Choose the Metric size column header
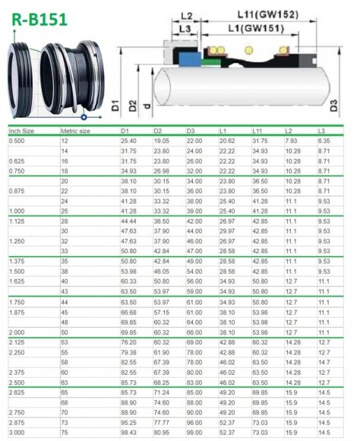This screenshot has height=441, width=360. [x=75, y=132]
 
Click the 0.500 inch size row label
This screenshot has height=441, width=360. [x=15, y=141]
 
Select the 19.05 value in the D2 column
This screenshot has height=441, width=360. [x=161, y=141]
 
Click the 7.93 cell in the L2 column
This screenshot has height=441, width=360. [x=291, y=141]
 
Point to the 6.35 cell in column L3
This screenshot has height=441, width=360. [x=324, y=141]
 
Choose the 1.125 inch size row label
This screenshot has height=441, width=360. [x=15, y=220]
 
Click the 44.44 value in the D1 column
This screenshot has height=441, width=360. [x=128, y=220]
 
